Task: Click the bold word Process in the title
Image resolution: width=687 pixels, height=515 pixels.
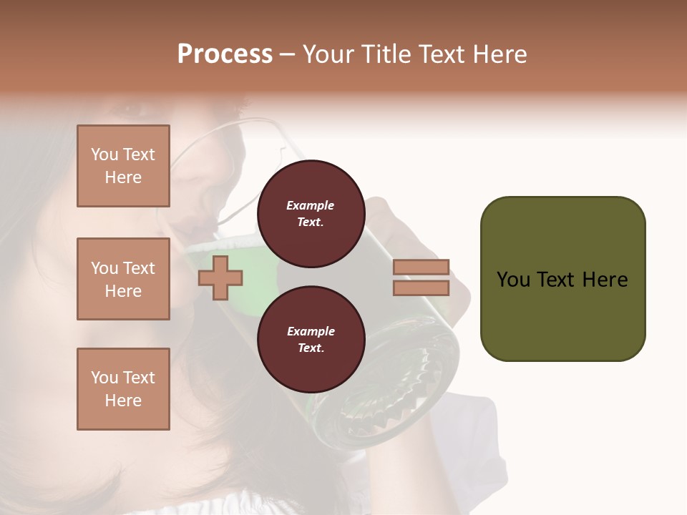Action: [x=225, y=54]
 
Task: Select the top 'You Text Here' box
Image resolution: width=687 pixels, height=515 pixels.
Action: [x=123, y=166]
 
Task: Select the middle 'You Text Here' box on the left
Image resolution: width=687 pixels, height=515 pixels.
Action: [x=123, y=279]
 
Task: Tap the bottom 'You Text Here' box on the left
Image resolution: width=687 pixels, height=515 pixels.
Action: [x=123, y=389]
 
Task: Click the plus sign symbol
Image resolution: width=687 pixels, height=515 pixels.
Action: [x=220, y=278]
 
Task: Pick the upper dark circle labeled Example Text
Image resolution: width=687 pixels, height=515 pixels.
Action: [x=310, y=213]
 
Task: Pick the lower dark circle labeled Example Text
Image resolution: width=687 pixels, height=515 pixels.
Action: [x=310, y=339]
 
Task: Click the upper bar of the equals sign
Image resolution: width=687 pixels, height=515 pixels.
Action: [x=421, y=267]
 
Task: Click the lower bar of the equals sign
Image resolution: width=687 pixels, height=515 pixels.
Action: [x=421, y=288]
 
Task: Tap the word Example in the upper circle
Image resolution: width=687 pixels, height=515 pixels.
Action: [x=310, y=205]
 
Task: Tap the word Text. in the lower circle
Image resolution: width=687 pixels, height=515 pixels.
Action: [x=310, y=348]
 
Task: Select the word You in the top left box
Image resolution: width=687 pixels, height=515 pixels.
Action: [x=104, y=154]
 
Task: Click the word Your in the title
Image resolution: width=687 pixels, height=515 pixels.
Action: [x=328, y=54]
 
